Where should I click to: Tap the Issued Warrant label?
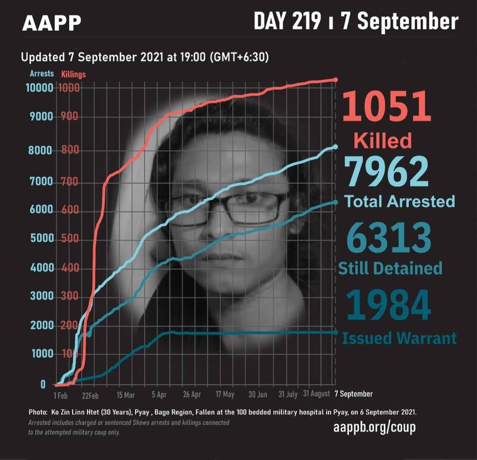pyautogui.click(x=399, y=339)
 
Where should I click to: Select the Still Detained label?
pyautogui.click(x=391, y=268)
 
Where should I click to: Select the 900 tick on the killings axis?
pyautogui.click(x=69, y=117)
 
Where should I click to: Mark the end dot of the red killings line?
pyautogui.click(x=335, y=80)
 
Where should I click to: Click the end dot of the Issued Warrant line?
pyautogui.click(x=335, y=332)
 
